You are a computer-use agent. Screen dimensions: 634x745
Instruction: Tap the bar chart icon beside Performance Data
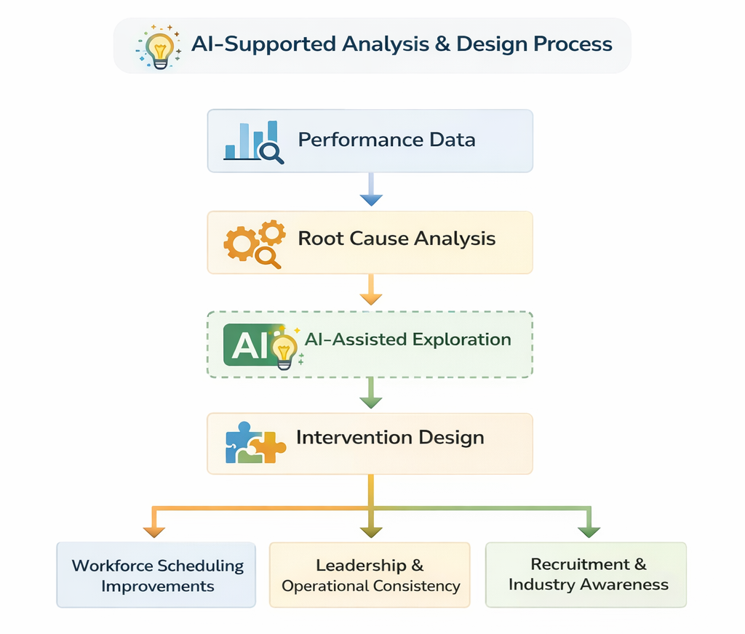(252, 141)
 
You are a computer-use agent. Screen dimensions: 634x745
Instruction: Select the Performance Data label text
(386, 140)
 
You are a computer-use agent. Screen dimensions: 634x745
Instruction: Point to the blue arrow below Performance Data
(370, 190)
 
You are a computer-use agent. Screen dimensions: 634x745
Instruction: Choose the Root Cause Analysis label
(397, 238)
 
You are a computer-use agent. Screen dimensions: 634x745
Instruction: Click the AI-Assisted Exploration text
(407, 340)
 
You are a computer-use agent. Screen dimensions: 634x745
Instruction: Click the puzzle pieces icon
(255, 443)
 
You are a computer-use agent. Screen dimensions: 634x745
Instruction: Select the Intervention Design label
(390, 438)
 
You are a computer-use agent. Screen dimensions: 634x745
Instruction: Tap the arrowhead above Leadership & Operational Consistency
(370, 530)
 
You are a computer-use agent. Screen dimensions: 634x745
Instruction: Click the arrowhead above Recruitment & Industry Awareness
(589, 530)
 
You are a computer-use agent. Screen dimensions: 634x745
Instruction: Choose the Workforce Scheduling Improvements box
(156, 575)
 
